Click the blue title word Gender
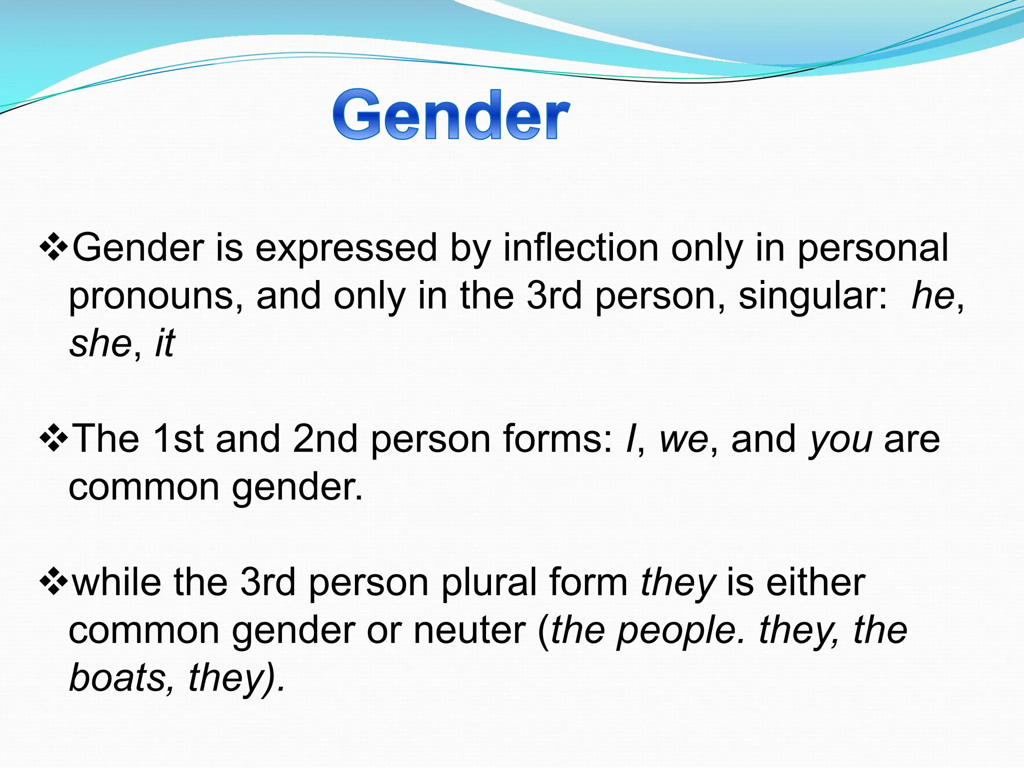[x=451, y=115]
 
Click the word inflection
[x=580, y=248]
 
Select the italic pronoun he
[x=932, y=296]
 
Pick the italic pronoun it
[x=165, y=344]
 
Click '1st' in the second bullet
[x=177, y=439]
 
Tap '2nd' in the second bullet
[x=325, y=439]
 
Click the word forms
[x=556, y=439]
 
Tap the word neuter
[x=469, y=631]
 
